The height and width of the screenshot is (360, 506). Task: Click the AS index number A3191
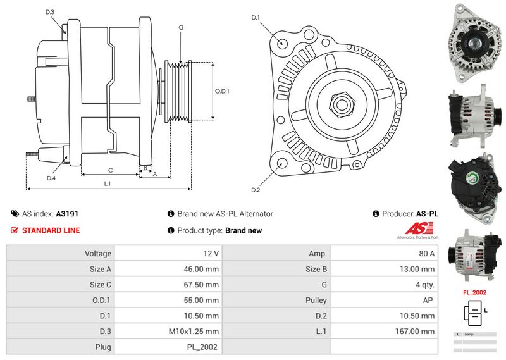67,214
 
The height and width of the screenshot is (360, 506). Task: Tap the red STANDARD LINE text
51,230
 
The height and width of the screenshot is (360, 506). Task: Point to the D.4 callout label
51,178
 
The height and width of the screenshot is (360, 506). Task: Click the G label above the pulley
181,27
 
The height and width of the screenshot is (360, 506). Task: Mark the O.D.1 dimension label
221,90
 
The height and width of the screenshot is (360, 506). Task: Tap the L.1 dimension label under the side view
108,183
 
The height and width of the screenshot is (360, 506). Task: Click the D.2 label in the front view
256,190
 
